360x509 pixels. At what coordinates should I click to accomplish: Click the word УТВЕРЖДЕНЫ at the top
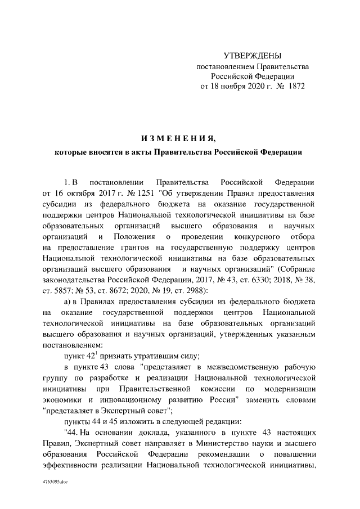(252, 56)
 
